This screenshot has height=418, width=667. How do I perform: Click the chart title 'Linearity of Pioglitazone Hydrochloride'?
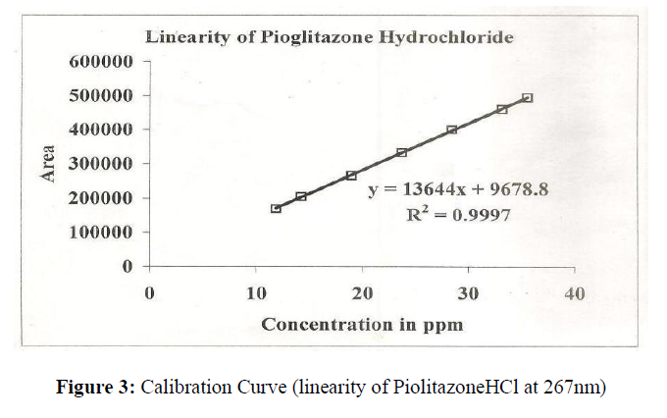pos(331,37)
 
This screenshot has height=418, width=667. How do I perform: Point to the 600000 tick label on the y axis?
pos(102,61)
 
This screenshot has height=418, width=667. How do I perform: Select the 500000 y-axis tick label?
pos(102,95)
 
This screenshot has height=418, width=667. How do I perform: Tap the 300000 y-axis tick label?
pos(102,164)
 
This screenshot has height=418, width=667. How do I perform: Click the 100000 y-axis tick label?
pos(102,233)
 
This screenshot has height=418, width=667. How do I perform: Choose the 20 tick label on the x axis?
pos(363,292)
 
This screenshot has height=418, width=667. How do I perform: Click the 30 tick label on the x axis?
pos(469,292)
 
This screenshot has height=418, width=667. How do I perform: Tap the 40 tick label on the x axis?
pos(575,292)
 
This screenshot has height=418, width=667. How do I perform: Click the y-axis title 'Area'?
pos(46,163)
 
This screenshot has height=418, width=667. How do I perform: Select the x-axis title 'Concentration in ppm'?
pos(362,323)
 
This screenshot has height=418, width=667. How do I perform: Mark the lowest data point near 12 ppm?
pos(276,208)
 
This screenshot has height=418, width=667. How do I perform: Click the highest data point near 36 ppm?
pos(527,98)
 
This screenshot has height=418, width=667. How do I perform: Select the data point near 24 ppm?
pos(401,153)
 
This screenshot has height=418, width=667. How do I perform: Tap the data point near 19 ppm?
pos(351,176)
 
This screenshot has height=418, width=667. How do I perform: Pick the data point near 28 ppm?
pos(451,131)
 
